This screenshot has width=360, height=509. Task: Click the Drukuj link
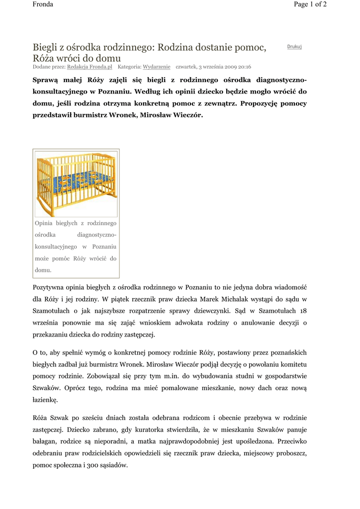(x=294, y=47)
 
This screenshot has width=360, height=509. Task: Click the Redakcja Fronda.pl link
(x=90, y=66)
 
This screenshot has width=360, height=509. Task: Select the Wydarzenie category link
(x=157, y=66)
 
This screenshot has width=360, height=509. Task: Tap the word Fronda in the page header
(x=43, y=4)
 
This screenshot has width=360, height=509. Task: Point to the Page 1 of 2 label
(x=310, y=4)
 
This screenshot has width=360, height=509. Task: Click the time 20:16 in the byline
(x=243, y=66)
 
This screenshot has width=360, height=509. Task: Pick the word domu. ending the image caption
(x=43, y=270)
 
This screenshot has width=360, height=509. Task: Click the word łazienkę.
(x=46, y=399)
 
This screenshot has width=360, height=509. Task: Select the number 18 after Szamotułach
(x=303, y=311)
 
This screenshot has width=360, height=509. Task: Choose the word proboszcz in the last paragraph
(x=289, y=454)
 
